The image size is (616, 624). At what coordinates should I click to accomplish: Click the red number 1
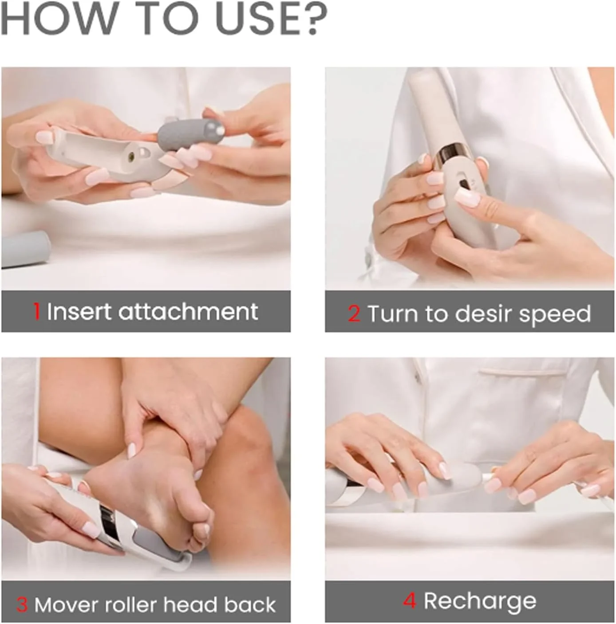pos(37,311)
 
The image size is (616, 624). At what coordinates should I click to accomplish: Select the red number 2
pos(354,313)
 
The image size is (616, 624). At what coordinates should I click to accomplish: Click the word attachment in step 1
pos(188,311)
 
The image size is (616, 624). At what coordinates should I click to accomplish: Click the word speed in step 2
pos(555,315)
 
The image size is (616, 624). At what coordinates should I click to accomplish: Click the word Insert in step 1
pos(79,311)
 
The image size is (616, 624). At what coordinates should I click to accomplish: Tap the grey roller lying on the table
pos(25,249)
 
